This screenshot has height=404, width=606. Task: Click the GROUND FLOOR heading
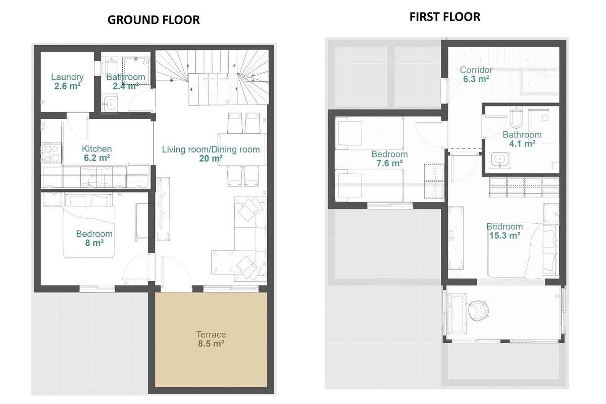coord(154,20)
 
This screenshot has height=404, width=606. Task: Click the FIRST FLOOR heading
coord(444,17)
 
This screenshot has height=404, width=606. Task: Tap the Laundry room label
coord(67,77)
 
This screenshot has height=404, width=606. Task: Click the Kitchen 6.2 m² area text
coord(96,158)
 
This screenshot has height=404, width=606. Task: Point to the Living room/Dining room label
coord(211,149)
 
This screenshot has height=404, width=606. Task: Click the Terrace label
coord(211,334)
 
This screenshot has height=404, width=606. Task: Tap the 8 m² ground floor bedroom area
coord(94,243)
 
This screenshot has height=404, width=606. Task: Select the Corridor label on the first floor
coord(476,70)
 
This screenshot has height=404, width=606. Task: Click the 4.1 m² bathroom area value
coord(522,143)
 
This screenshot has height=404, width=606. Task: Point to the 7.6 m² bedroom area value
coord(389,163)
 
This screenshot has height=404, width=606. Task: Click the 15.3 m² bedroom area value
coord(504,235)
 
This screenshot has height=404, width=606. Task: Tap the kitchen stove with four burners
coord(51,154)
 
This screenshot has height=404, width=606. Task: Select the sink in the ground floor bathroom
coord(110,105)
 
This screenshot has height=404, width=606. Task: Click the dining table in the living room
coord(242,149)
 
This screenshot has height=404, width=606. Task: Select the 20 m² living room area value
coord(211,158)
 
